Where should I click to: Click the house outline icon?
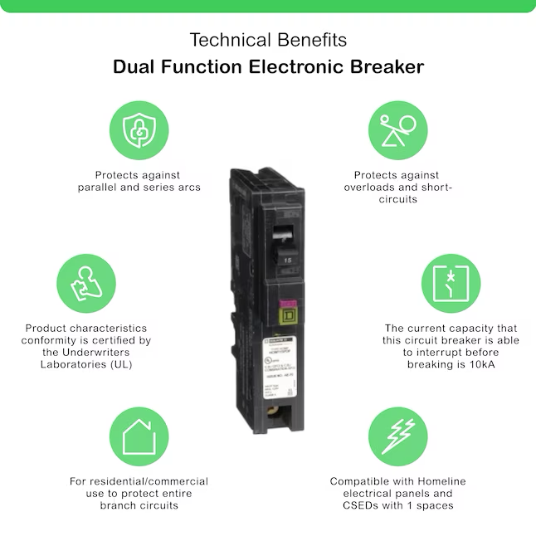point(139,436)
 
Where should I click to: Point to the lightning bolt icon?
point(397,436)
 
